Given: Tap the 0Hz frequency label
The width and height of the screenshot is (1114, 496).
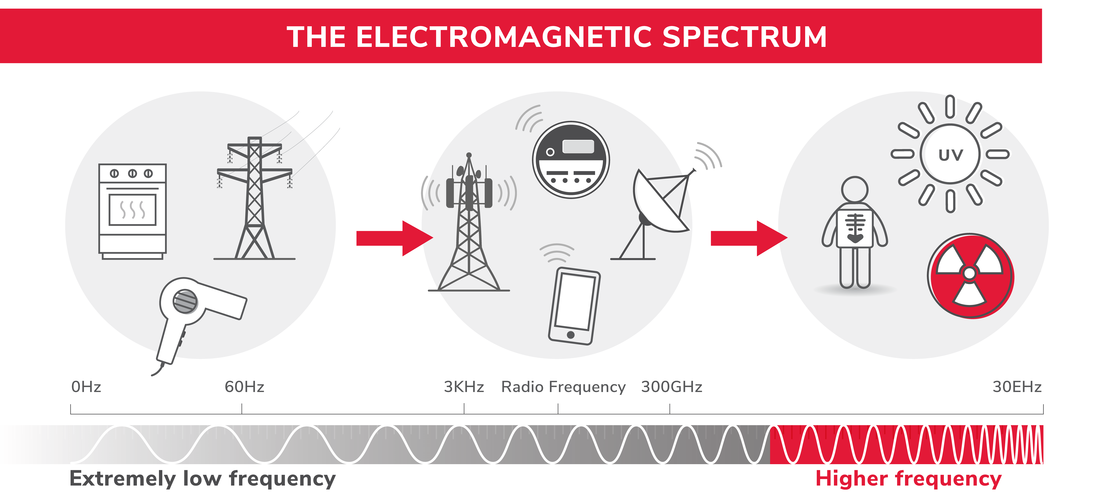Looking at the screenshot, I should coord(86,387).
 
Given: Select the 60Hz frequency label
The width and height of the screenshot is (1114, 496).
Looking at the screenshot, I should coord(244,387).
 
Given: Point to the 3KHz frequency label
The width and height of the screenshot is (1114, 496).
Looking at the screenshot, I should coord(464,387).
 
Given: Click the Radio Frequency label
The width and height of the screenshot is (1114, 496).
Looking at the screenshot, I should coord(563,387).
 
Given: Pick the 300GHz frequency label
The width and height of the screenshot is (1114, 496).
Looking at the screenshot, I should coord(672,387).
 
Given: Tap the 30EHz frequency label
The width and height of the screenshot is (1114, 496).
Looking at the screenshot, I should coord(1017,387).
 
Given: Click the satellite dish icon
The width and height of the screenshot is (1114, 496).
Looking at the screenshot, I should coord(659,208).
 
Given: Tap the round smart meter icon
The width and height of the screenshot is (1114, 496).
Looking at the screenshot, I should coord(571,160).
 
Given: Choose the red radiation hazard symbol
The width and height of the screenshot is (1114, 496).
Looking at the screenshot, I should coord(970,276).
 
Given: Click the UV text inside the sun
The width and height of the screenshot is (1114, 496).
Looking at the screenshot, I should coord(951,154).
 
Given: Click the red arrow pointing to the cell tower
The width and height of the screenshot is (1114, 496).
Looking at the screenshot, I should coord(394,238).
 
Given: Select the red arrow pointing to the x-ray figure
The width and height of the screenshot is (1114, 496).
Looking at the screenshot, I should coord(748,238).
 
